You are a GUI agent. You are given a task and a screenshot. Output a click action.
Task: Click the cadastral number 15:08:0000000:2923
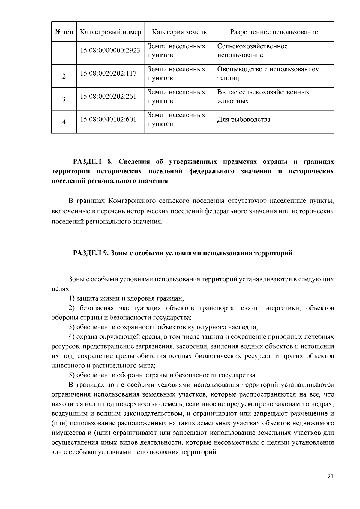coord(110,50)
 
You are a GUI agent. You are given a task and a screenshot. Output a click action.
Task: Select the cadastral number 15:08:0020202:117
coord(108,73)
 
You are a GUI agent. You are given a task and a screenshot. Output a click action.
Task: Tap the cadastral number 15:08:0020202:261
coord(108,96)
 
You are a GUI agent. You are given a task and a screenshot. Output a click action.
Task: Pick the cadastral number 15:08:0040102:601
coord(108,119)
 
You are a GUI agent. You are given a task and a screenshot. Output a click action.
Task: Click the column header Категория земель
coord(179,32)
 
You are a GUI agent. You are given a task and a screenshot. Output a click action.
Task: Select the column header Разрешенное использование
coord(274,32)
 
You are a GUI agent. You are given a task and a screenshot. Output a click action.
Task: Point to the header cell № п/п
coord(64,32)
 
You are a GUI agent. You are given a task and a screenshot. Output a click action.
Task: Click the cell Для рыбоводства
coord(244,120)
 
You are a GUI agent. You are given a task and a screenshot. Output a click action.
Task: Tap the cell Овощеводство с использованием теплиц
coord(268,74)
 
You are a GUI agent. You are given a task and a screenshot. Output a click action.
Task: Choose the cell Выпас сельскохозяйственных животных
coord(263,97)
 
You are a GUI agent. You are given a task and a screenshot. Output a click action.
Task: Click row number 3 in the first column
coord(64,99)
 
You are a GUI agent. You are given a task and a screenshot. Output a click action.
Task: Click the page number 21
coord(331,476)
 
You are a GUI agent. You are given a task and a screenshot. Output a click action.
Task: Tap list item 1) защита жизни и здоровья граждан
coord(126,298)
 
